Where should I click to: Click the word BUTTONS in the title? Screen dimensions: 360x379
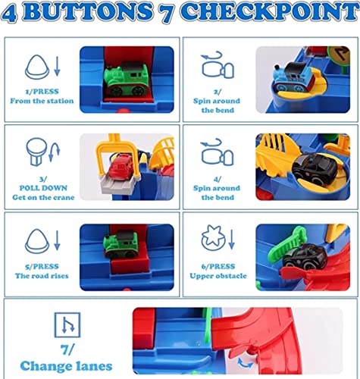[x=89, y=11]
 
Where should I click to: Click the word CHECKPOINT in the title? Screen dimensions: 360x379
[x=270, y=11]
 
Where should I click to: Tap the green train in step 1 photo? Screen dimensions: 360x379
[x=126, y=80]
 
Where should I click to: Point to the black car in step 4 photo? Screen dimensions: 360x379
[x=315, y=169]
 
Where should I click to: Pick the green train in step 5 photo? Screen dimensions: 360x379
[x=121, y=244]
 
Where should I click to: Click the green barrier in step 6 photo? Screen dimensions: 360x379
[x=286, y=245]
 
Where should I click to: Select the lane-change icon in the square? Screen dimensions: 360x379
[x=67, y=324]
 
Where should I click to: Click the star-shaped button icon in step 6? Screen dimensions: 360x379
[x=213, y=238]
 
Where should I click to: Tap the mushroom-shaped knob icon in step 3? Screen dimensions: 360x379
[x=36, y=152]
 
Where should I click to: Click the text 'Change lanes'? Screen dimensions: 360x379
[x=66, y=366]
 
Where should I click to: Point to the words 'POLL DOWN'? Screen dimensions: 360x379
[x=43, y=188]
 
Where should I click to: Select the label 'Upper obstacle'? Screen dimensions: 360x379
[x=218, y=276]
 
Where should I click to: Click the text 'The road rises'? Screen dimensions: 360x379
[x=42, y=276]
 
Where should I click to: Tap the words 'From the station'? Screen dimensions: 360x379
[x=42, y=101]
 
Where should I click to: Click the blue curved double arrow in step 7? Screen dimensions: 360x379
[x=246, y=363]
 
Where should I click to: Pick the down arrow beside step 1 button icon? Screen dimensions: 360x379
[x=58, y=66]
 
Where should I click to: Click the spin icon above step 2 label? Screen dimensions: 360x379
[x=218, y=65]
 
